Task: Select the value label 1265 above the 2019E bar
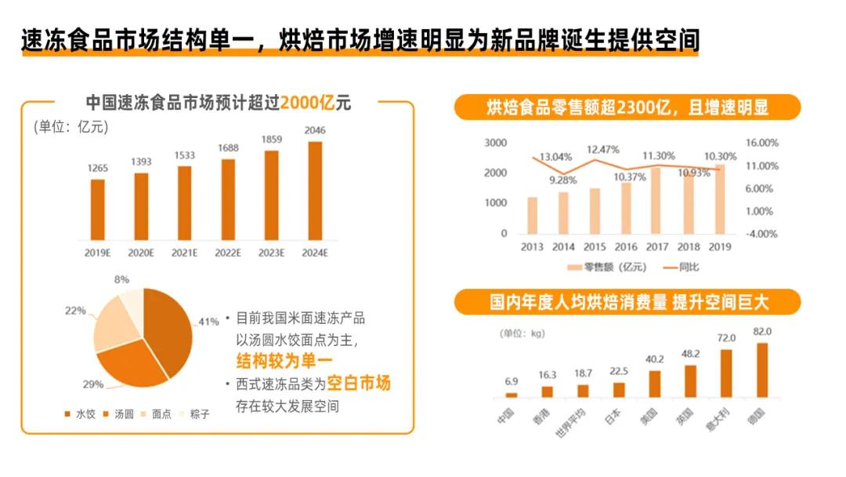click(98, 168)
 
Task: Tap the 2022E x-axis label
click(228, 253)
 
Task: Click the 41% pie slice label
click(208, 322)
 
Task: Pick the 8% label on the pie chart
click(121, 279)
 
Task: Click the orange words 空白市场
click(358, 383)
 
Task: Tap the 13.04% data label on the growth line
click(556, 156)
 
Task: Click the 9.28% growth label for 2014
click(562, 180)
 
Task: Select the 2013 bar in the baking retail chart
click(532, 215)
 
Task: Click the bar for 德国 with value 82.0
click(762, 370)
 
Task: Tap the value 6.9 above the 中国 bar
click(512, 381)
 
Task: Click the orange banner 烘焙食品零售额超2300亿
click(627, 107)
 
